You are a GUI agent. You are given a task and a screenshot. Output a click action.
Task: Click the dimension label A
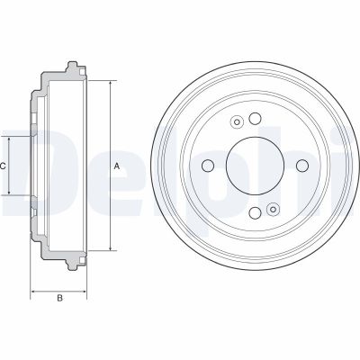click(x=117, y=166)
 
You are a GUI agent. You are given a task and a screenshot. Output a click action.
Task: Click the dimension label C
click(x=3, y=166)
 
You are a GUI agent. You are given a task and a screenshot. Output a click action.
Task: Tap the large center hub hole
click(x=255, y=166)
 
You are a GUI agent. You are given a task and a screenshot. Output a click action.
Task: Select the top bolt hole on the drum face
click(x=255, y=119)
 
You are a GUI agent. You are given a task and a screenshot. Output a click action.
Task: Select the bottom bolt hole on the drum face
click(x=255, y=212)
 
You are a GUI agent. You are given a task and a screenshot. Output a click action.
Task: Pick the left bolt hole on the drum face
click(x=208, y=166)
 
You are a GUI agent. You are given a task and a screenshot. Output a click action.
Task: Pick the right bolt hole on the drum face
click(x=302, y=166)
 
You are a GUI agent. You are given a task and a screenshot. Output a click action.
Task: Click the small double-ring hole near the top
click(x=237, y=121)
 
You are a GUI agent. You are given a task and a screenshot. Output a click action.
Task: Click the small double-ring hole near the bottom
click(x=273, y=209)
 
